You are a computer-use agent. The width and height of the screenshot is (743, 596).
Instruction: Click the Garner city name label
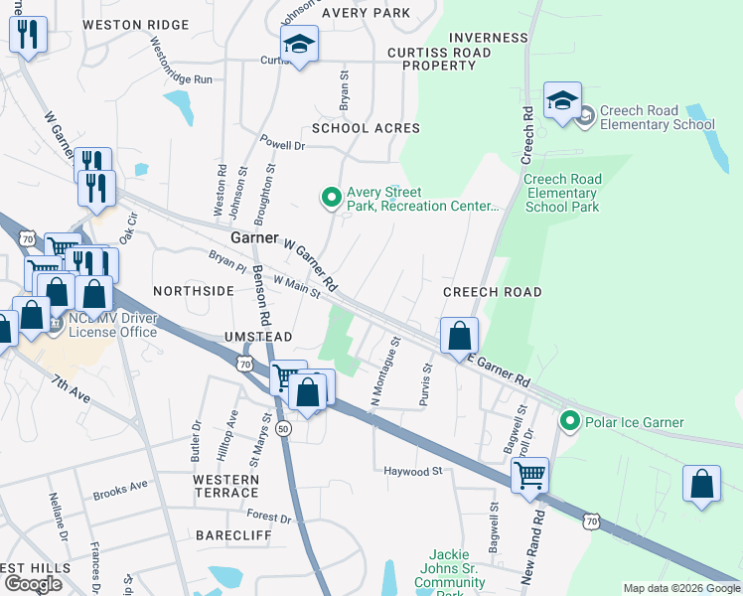pos(255,239)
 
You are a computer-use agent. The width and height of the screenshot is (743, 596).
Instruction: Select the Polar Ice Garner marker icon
pos(570,422)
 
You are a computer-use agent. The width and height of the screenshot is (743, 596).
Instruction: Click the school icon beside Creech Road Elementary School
pos(562,101)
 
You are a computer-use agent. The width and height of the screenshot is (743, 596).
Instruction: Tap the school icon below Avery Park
pos(299,45)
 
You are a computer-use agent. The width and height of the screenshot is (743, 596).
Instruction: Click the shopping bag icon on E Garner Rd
pos(459,336)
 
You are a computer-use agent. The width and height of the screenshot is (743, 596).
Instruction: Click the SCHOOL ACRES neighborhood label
pos(366,128)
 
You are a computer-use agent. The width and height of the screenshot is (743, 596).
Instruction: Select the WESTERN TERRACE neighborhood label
pos(225,486)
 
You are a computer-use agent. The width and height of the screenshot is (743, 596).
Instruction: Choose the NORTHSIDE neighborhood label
pos(194,291)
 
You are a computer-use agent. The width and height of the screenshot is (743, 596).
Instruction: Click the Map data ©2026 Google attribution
pos(680,588)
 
